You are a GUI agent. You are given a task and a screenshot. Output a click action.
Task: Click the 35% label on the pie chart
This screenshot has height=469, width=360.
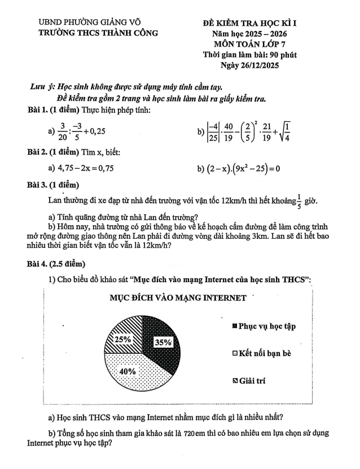click(x=163, y=342)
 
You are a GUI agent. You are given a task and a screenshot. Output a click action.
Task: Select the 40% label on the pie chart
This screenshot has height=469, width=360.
click(x=128, y=371)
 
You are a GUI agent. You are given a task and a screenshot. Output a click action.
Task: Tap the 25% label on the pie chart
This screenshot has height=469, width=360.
click(x=123, y=340)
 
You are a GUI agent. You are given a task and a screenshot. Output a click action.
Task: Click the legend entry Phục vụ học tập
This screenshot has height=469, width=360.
click(x=264, y=326)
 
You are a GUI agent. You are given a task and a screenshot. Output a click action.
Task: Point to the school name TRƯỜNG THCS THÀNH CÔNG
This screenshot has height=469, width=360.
click(x=98, y=33)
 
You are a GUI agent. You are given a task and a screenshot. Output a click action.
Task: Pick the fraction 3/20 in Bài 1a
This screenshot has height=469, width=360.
click(x=63, y=132)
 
